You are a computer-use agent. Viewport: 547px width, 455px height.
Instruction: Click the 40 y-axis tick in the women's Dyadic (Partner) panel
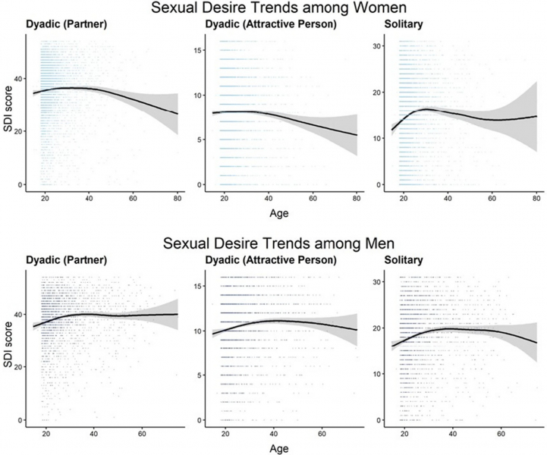[20, 77]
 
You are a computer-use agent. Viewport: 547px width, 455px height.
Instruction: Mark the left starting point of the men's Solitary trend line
[391, 347]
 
